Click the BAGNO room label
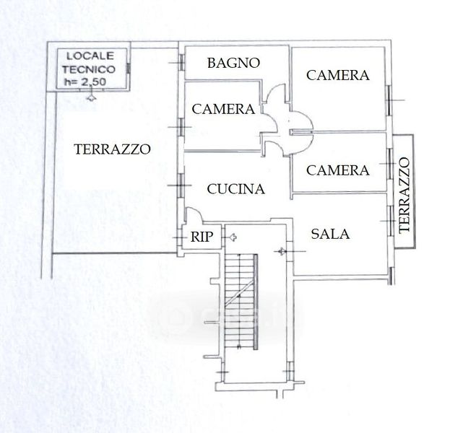click(233, 63)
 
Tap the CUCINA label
click(236, 189)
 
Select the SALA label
click(330, 234)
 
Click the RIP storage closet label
click(202, 237)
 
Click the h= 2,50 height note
click(85, 82)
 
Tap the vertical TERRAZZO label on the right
click(404, 195)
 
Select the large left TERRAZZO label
click(112, 149)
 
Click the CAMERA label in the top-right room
click(338, 76)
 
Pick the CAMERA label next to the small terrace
click(338, 170)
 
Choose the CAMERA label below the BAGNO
click(223, 109)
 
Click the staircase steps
click(240, 301)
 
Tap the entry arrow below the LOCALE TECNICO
click(91, 97)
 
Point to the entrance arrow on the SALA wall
click(281, 251)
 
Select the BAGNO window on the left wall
click(182, 63)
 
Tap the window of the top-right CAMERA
click(389, 100)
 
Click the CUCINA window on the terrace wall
click(181, 185)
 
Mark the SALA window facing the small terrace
click(390, 221)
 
